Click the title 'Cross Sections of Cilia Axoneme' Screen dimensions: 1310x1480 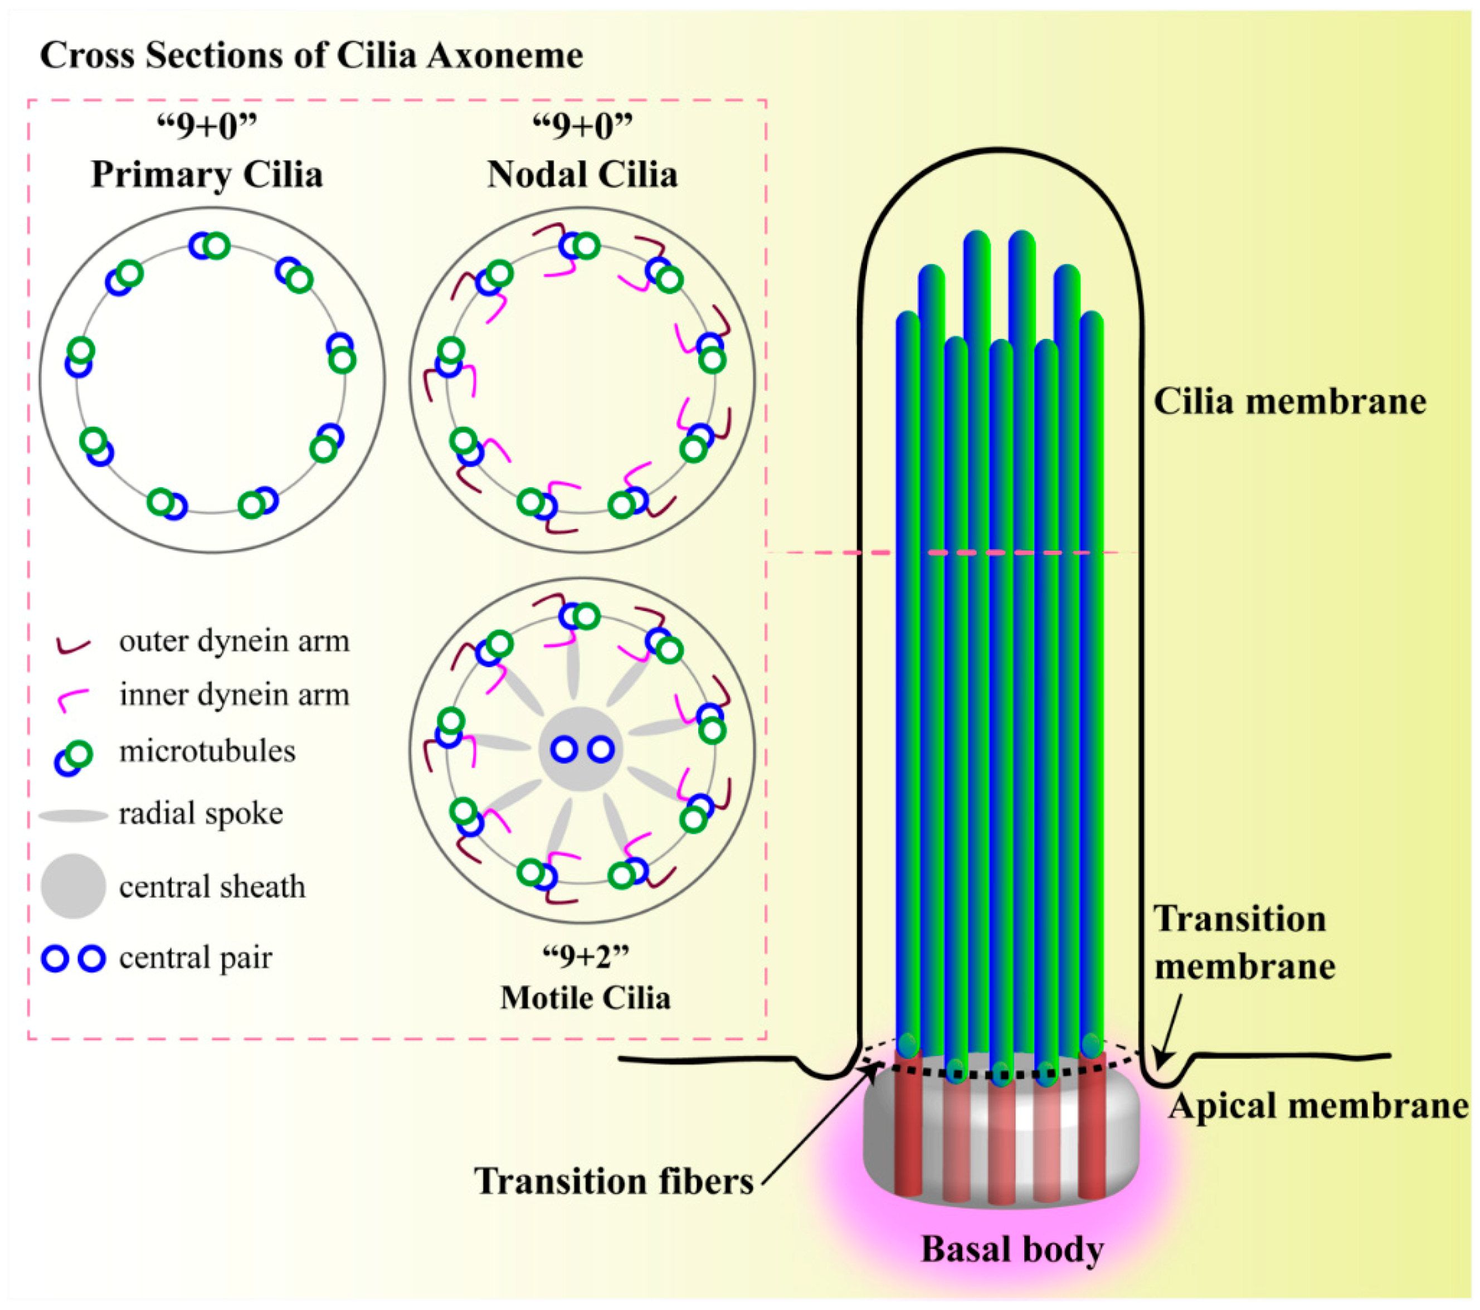tap(311, 56)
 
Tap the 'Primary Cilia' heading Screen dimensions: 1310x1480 tap(207, 174)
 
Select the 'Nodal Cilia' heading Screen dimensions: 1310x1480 tap(582, 174)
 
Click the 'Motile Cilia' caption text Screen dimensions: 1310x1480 tap(585, 998)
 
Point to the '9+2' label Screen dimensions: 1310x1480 tap(585, 957)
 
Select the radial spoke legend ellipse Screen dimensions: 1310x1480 tap(73, 816)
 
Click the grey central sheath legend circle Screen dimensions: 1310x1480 tap(73, 886)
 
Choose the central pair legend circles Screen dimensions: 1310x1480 tap(74, 959)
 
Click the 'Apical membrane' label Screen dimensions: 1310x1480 tap(1318, 1106)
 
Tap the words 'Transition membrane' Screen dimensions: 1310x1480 tap(1244, 942)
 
